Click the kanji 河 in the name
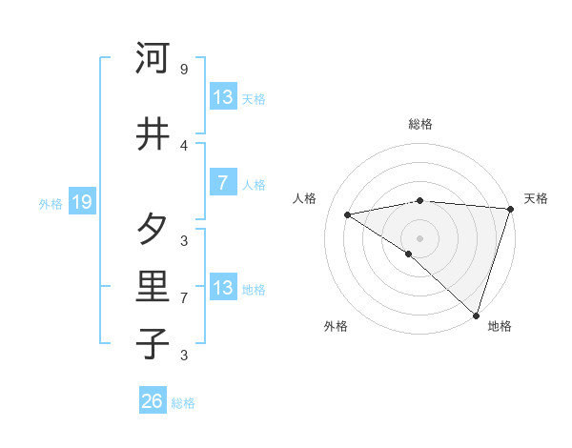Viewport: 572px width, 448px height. pos(153,58)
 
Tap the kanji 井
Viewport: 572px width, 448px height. pos(153,134)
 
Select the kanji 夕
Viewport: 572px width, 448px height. pos(153,230)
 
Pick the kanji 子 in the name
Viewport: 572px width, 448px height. pos(153,344)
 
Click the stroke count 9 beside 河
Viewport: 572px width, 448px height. pos(184,70)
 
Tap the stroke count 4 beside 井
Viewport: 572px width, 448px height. pos(184,145)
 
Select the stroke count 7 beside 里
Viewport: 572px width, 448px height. pos(184,298)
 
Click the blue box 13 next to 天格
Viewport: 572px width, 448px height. pos(223,97)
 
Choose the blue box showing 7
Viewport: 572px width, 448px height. pos(222,183)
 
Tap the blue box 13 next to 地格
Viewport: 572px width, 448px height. pos(223,288)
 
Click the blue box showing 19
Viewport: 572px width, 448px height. pos(81,202)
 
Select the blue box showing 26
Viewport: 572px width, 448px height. pos(153,402)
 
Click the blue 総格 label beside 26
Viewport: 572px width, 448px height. pos(184,403)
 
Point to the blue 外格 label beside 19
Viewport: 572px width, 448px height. pos(51,203)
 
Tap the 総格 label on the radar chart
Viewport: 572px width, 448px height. pos(420,124)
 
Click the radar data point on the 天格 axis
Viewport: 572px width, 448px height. pos(510,209)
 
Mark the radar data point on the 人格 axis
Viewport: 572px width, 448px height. pos(348,214)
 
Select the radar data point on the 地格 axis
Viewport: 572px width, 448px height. pos(476,315)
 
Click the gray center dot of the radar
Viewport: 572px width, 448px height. pos(419,237)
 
